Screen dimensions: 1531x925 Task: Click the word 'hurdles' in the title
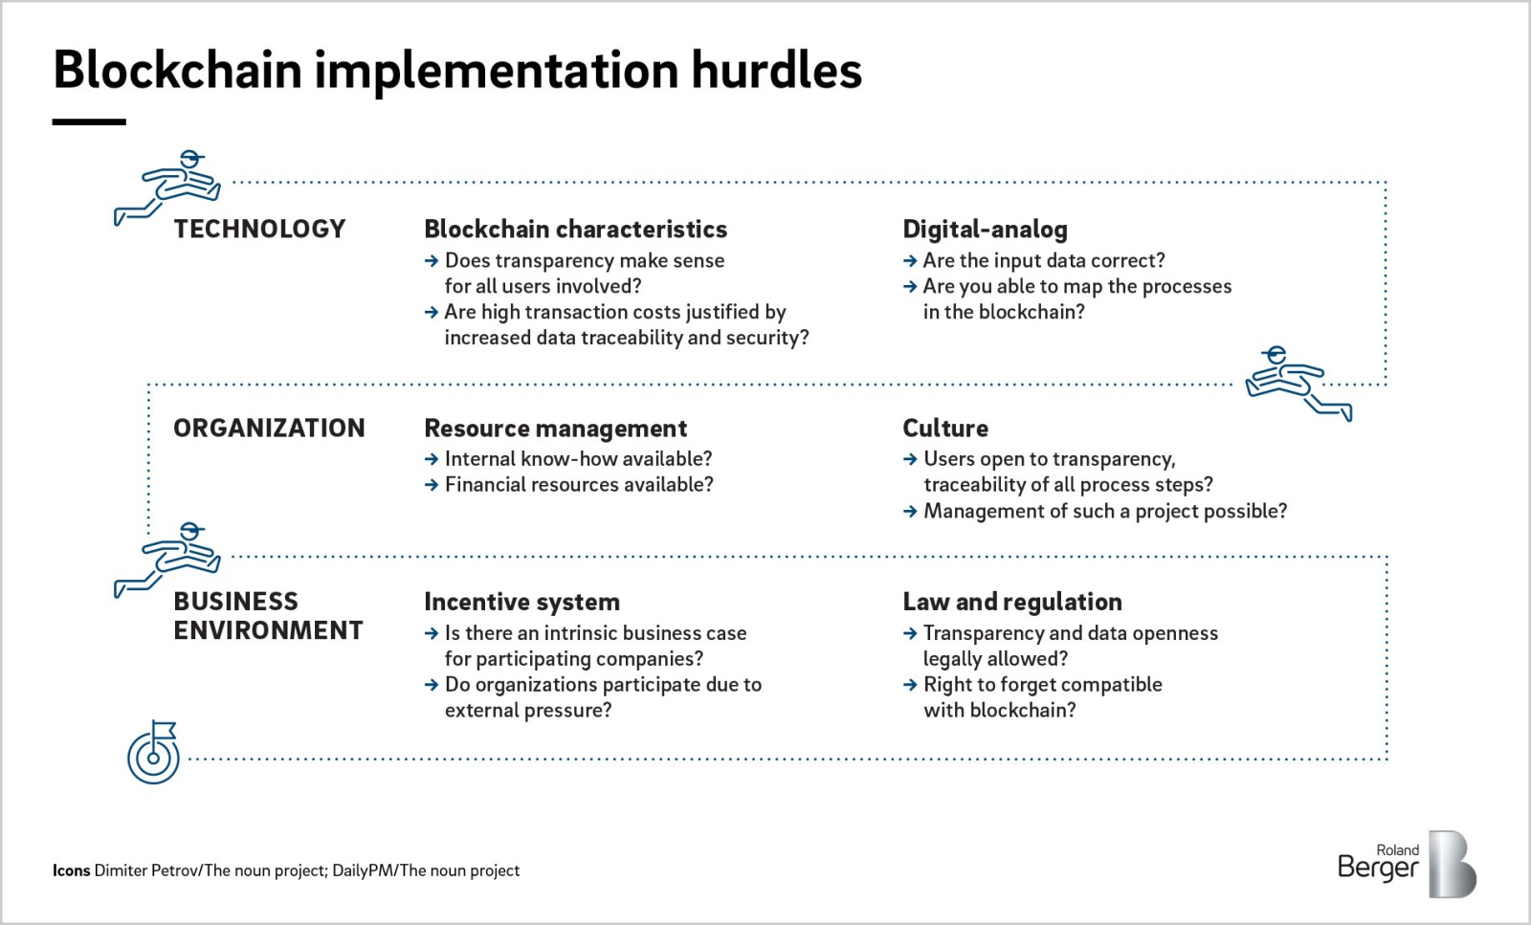(x=776, y=71)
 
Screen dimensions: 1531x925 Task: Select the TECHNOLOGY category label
(x=259, y=229)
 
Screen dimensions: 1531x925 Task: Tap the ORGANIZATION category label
(x=269, y=429)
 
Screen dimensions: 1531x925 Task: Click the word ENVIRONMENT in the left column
(x=268, y=630)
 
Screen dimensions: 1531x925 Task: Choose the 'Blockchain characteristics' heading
(x=575, y=229)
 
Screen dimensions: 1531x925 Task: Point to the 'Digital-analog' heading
(x=985, y=230)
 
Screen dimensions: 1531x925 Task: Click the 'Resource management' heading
(x=556, y=429)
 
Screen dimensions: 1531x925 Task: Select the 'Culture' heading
(x=945, y=429)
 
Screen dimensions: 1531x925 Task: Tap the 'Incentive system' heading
(x=522, y=602)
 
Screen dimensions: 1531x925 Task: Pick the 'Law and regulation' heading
(x=1012, y=602)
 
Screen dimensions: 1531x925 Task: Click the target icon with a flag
(x=154, y=752)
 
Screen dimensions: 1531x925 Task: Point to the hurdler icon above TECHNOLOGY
(x=167, y=187)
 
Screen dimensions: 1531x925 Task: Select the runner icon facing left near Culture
(x=1298, y=384)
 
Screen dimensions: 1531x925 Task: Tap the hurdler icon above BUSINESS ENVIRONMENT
(x=167, y=561)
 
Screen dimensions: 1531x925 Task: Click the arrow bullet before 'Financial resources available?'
(x=432, y=485)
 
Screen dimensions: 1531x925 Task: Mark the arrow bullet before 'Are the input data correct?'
(x=910, y=261)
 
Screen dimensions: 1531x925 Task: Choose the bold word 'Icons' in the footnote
(x=71, y=870)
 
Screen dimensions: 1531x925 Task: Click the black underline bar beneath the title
(x=89, y=122)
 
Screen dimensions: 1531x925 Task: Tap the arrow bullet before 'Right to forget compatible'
(x=910, y=685)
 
